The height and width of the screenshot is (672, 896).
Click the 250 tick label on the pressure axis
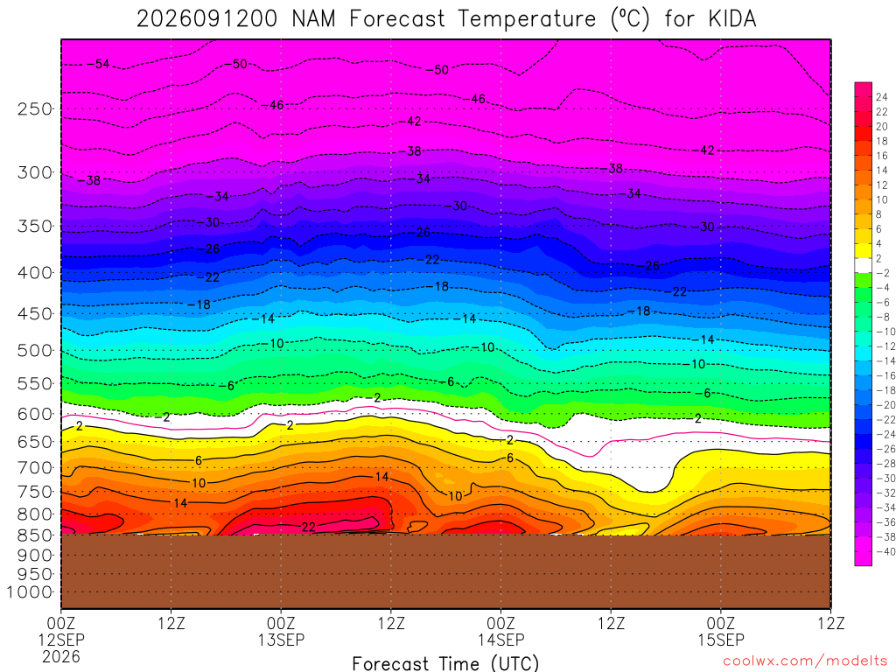coord(35,108)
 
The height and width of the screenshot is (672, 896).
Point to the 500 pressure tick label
coord(35,350)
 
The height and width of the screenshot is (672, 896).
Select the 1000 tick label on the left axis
coord(29,592)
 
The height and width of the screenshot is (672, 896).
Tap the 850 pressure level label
coord(35,535)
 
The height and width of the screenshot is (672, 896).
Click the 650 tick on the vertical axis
coord(35,442)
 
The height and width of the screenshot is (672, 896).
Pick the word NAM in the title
coord(314,19)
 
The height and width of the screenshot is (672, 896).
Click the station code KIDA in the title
coord(732,19)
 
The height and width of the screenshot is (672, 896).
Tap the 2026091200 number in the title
coord(206,19)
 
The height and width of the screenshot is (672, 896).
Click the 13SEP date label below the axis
coord(281,640)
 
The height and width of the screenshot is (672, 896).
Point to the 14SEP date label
coord(501,640)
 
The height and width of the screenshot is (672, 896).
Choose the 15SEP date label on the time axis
coord(721,640)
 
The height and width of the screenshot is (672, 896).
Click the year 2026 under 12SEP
coord(61,656)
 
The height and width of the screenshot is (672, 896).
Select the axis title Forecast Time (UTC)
coord(445,663)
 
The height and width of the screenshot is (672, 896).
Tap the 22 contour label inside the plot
coord(308,527)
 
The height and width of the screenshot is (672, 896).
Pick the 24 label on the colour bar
coord(882,97)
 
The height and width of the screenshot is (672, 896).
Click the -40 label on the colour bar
coord(885,551)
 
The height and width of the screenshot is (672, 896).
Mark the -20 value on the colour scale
coord(885,405)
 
